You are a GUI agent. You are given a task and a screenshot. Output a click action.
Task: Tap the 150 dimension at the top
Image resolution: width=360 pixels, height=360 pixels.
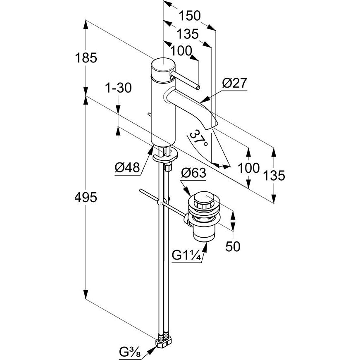(x=189, y=16)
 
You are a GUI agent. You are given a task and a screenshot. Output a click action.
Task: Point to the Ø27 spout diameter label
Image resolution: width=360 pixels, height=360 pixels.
(x=234, y=83)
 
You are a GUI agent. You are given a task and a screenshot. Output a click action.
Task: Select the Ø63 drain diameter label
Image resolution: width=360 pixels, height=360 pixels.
(x=193, y=173)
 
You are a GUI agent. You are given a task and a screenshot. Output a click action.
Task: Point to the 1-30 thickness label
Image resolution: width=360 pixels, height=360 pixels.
(x=119, y=88)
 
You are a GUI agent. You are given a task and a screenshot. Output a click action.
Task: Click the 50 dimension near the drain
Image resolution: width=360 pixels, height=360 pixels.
(x=233, y=246)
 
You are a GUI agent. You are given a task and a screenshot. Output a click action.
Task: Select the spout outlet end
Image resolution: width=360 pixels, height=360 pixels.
(x=213, y=125)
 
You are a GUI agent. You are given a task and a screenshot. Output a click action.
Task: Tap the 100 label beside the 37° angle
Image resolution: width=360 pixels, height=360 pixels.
(x=249, y=168)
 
